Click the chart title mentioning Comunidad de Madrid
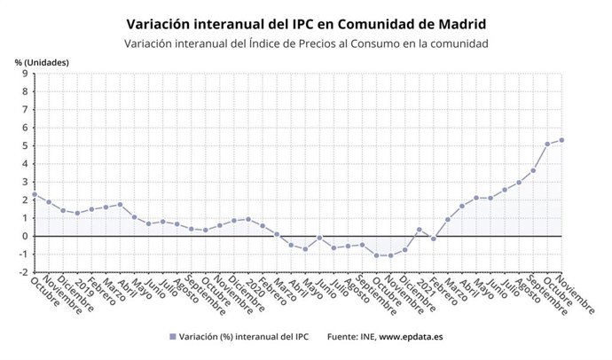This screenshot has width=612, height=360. pos(306,22)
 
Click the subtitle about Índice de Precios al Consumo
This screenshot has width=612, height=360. pos(306,43)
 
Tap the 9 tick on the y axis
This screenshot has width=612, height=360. pos(25,74)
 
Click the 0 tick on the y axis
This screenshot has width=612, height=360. pos(25,236)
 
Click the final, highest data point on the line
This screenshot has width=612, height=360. pos(561,140)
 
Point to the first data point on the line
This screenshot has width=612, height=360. pos(34,194)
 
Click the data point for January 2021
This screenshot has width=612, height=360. pos(419,229)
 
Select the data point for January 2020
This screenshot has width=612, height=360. pos(247,219)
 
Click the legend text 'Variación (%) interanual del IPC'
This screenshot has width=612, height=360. pos(243,337)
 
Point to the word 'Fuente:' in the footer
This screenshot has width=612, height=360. pos(343,337)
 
